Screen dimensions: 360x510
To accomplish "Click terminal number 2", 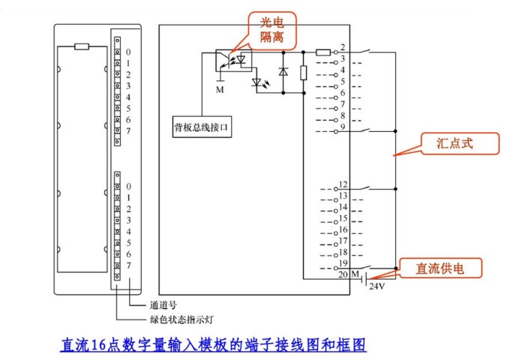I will point(342,48).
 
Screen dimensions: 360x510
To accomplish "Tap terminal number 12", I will point(343,184).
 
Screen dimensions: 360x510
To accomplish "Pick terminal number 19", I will point(343,263).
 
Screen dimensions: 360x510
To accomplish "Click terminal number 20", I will point(342,274).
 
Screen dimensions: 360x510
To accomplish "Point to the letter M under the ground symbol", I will point(220,89).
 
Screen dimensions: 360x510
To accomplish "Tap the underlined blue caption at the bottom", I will point(213,346).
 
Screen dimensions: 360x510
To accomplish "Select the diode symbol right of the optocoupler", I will point(283,72).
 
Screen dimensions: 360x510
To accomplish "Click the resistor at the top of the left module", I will point(82,46).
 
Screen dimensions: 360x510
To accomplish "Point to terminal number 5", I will point(342,81).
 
